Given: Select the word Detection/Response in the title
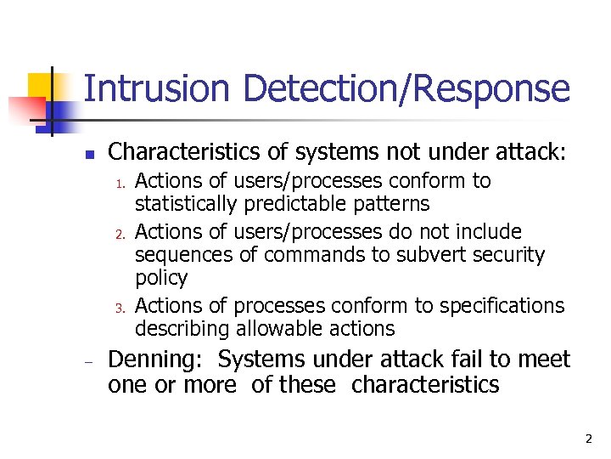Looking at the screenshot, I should click(x=406, y=89).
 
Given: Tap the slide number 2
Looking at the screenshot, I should click(x=588, y=439).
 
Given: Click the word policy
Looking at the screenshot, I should click(x=161, y=279).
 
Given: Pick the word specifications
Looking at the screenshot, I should click(x=498, y=305).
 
